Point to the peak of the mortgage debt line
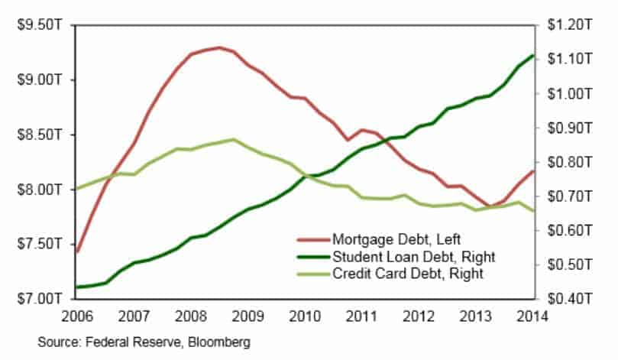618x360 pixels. click(219, 47)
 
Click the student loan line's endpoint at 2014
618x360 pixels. click(532, 55)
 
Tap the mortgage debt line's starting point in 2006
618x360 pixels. click(78, 251)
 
